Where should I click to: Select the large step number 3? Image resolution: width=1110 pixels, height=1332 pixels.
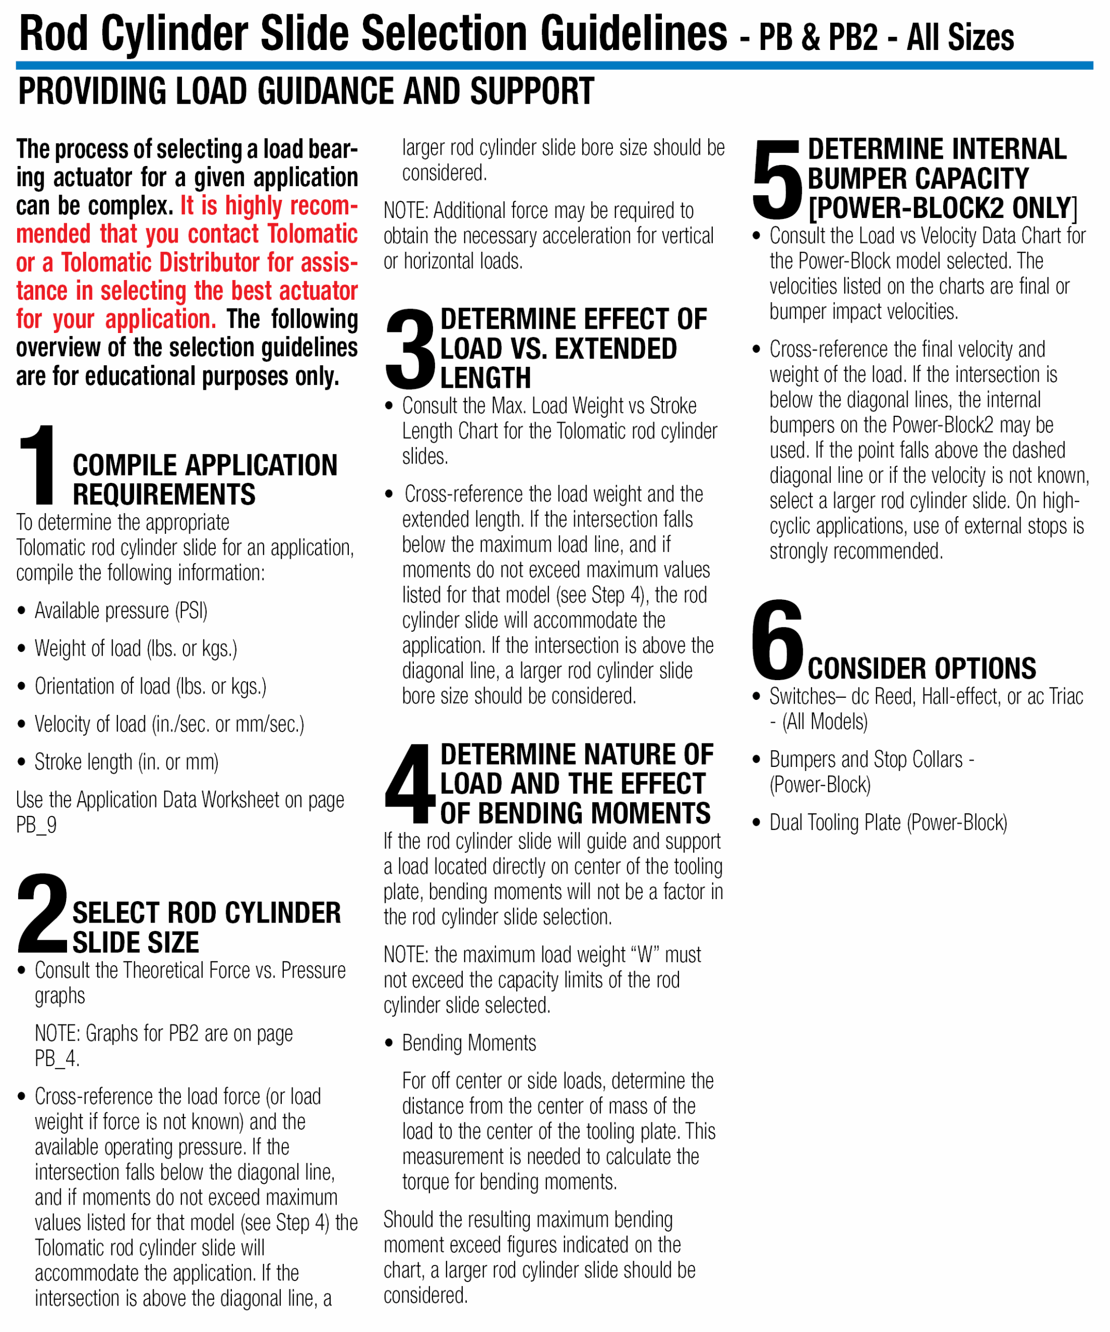tap(410, 348)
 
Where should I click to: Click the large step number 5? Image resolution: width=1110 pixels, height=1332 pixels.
tap(777, 180)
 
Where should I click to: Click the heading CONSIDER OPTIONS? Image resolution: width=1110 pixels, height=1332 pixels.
tap(921, 669)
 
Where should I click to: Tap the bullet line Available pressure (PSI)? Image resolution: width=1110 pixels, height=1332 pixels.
tap(121, 611)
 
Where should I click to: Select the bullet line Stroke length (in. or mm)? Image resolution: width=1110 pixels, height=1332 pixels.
tap(126, 762)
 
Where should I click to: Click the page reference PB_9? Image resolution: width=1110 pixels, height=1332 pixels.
tap(36, 825)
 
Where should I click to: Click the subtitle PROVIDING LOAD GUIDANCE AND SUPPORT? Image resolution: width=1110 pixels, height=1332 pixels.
tap(306, 92)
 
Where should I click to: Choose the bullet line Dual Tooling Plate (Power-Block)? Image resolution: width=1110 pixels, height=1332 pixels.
tap(887, 823)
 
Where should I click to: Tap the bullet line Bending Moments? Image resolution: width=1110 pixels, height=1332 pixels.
tap(468, 1043)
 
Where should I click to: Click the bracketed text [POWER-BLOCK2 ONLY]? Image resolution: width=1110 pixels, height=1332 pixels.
tap(943, 208)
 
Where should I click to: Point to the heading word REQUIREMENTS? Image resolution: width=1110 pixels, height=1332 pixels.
tap(164, 495)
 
